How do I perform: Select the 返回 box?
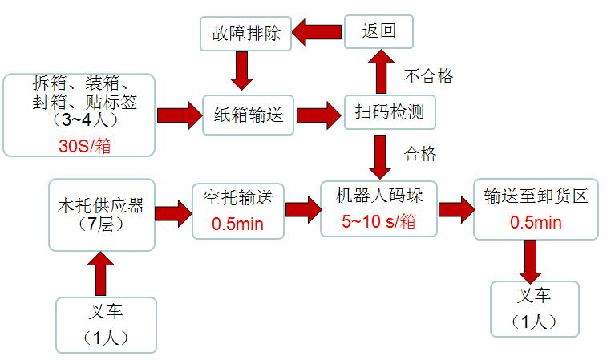pyautogui.click(x=380, y=33)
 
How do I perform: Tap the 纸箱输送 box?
pyautogui.click(x=248, y=114)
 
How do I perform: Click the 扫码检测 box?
pyautogui.click(x=390, y=113)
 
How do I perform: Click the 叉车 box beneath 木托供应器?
pyautogui.click(x=106, y=324)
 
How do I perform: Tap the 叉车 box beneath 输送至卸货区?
pyautogui.click(x=535, y=309)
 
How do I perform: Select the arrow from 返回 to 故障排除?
pyautogui.click(x=317, y=33)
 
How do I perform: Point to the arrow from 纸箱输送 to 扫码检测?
pyautogui.click(x=318, y=113)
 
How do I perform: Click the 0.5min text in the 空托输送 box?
pyautogui.click(x=237, y=224)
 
